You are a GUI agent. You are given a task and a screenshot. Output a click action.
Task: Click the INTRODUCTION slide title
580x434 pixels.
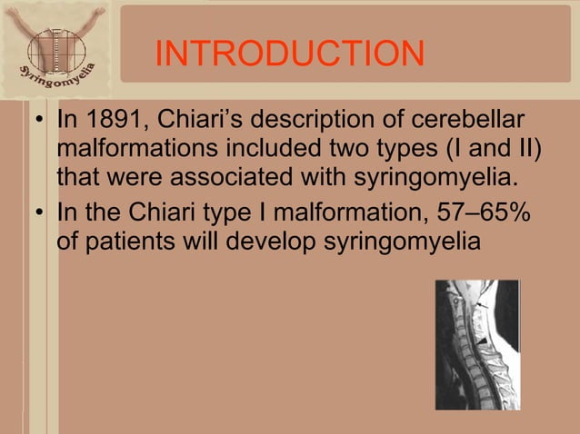(289, 54)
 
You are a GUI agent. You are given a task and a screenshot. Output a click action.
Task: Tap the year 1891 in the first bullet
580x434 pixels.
(105, 121)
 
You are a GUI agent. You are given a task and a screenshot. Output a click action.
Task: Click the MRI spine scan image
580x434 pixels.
(476, 344)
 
